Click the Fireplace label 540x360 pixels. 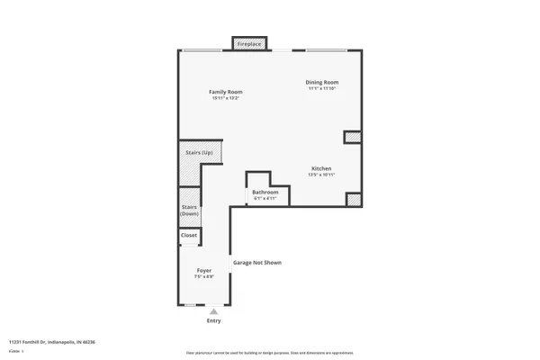(250, 43)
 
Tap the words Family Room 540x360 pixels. (226, 92)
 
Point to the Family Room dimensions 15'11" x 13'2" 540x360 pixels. (226, 98)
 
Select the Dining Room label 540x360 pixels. (323, 83)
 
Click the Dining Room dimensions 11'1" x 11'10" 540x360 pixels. (323, 89)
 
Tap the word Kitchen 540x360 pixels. (322, 168)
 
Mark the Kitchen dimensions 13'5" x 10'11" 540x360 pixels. (322, 175)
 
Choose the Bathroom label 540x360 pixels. (265, 192)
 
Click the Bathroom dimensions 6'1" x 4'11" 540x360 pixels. (265, 198)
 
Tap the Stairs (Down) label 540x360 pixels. (189, 211)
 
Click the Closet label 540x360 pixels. (189, 235)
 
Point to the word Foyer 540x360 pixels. (204, 270)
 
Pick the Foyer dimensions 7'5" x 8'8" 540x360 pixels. (204, 276)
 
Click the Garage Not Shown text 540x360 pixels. (258, 263)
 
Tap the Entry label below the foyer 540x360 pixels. (213, 320)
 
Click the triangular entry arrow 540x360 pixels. (213, 310)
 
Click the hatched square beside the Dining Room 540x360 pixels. (352, 138)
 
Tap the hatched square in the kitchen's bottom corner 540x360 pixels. (354, 200)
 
